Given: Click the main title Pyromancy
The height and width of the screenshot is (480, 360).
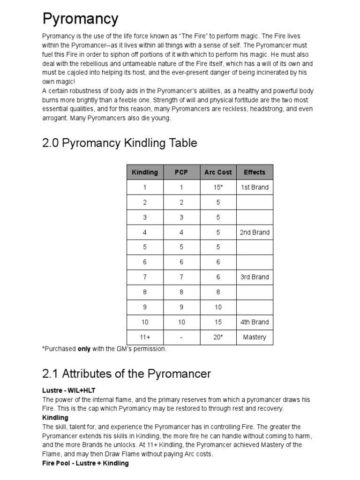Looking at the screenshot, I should coord(80,19).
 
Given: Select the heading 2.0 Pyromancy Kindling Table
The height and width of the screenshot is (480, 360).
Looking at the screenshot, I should coord(120,143).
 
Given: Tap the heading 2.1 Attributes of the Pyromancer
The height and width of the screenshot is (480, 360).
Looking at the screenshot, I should coord(127,374).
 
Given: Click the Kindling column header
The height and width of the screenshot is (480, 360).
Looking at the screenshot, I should coord(145,172).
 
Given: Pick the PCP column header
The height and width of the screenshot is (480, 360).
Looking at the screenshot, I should coord(181,172).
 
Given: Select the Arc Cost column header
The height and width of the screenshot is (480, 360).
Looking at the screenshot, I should coord(218,172).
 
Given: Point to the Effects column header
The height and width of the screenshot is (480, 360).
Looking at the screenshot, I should coord(255,172).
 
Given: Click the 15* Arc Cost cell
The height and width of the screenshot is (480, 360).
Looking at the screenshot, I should coord(218,187).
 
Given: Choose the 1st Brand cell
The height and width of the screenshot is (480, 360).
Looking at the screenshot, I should coord(255,187).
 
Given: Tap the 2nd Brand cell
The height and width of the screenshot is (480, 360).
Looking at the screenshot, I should coord(255,232).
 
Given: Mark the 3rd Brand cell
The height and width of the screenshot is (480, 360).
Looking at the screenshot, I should coord(255,277).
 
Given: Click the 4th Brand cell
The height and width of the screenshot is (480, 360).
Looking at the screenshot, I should coord(255,322).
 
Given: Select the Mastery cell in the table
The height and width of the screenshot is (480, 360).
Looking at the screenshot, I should coord(255,337).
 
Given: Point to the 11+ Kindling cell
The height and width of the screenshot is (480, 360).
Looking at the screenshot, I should coord(145,337).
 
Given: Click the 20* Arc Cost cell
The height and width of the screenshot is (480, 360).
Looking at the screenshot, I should coord(218,337).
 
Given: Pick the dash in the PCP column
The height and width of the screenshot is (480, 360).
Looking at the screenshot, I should coord(181,337).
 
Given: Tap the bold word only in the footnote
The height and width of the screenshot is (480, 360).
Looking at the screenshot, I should coord(84,349).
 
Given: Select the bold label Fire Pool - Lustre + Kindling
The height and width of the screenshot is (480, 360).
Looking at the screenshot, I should coord(85,463).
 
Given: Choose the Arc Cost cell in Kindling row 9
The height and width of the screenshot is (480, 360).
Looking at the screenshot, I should coord(218,307).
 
